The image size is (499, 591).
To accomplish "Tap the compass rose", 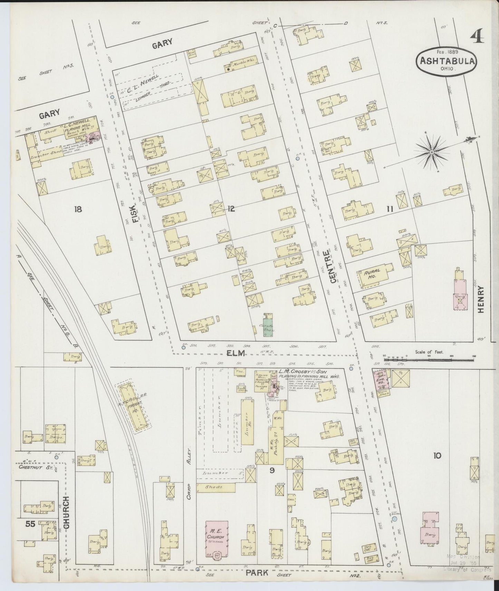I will click(431, 152).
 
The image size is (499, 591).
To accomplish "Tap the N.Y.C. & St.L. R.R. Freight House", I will click(134, 408).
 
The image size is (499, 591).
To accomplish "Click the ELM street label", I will click(236, 353).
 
